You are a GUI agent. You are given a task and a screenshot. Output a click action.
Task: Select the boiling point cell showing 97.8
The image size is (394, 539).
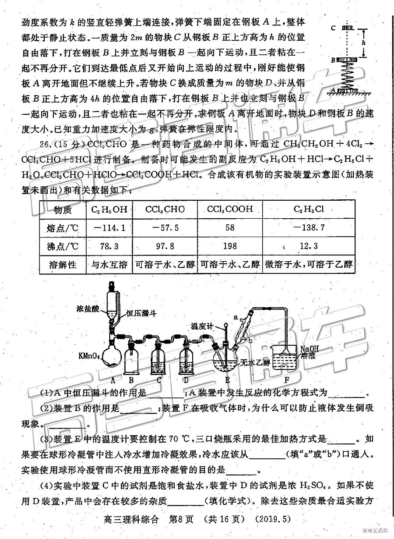pos(165,246)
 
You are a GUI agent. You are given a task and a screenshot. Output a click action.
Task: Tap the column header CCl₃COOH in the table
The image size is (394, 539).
pos(230,209)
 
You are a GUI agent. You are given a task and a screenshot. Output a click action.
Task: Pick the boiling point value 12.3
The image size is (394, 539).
pos(309,246)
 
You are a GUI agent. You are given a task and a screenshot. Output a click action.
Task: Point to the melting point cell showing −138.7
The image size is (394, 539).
pos(309,228)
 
